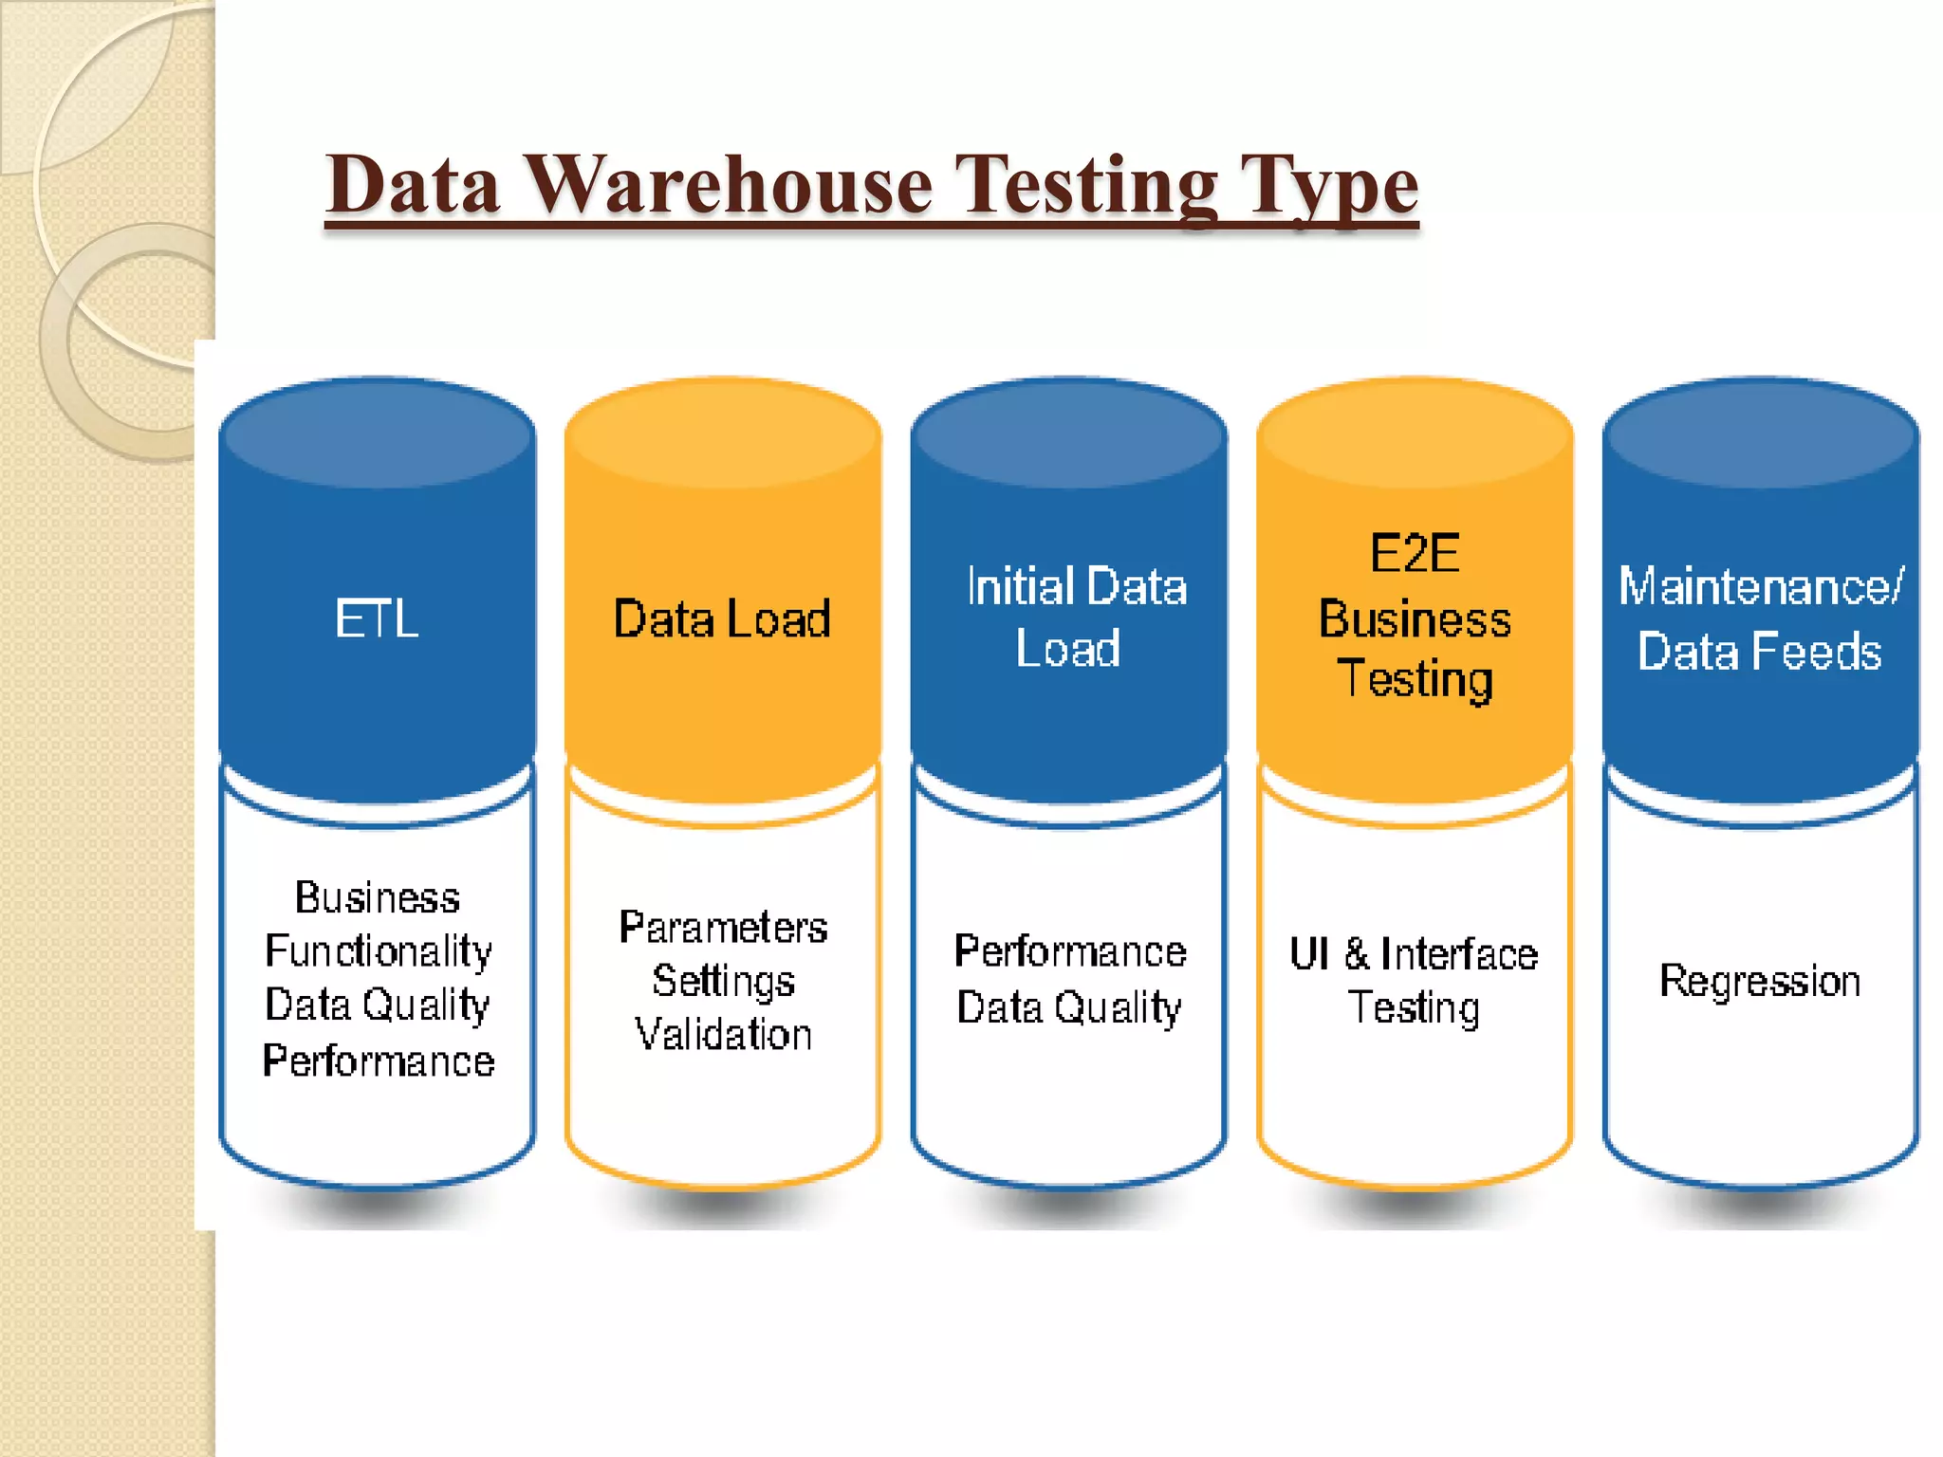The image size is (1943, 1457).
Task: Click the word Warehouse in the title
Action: (730, 185)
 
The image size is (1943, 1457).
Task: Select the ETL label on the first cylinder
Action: (377, 619)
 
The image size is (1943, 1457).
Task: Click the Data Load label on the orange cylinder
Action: (722, 619)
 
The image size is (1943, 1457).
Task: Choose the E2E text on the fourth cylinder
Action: (1415, 554)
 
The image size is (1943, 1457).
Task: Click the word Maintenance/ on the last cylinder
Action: (1761, 587)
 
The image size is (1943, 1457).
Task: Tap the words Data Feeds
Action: (1760, 652)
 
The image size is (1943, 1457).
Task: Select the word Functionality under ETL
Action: (378, 951)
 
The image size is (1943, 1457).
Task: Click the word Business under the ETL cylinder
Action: (378, 898)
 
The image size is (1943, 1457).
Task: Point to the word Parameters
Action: (723, 928)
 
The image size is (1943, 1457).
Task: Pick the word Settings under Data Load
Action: (723, 981)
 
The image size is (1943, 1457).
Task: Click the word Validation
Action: (723, 1034)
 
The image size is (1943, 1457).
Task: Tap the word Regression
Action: (1760, 981)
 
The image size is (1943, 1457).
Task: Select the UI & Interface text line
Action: (1414, 954)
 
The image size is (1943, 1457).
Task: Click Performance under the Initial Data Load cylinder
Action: (1070, 951)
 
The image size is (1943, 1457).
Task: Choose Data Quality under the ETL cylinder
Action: (378, 1005)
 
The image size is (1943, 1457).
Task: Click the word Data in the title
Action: (414, 185)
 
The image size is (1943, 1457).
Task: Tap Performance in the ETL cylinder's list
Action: (379, 1060)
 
